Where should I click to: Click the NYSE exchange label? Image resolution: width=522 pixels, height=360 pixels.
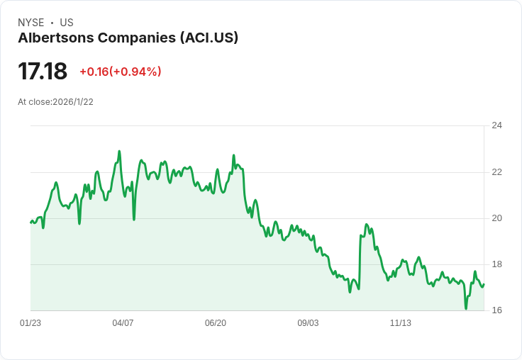(30, 23)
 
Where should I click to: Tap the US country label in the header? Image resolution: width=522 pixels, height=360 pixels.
(67, 23)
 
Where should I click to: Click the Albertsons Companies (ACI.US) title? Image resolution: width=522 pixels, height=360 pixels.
(128, 38)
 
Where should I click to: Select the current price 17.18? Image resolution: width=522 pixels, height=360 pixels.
(43, 71)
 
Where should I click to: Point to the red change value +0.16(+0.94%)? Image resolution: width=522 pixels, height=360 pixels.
(121, 72)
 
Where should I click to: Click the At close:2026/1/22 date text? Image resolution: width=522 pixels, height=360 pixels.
(55, 101)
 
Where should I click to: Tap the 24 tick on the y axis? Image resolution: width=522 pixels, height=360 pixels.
(496, 125)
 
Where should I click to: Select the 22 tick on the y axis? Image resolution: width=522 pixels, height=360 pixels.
(496, 171)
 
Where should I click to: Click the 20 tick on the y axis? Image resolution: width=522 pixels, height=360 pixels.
(496, 218)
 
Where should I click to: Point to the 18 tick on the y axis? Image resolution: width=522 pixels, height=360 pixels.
(496, 264)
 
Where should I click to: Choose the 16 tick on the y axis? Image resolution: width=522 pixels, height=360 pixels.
(496, 310)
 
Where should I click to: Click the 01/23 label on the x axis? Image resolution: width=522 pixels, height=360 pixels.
(30, 323)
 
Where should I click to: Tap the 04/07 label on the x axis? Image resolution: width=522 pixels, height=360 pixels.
(123, 323)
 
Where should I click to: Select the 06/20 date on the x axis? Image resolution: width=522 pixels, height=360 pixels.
(216, 323)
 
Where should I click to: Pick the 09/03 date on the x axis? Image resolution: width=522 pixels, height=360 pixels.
(308, 323)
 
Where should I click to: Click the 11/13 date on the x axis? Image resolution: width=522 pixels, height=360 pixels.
(401, 323)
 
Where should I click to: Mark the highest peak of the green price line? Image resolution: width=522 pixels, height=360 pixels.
(119, 151)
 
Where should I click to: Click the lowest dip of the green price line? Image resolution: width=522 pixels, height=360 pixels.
(466, 308)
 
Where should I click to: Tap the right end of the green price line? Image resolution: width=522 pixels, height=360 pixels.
(484, 284)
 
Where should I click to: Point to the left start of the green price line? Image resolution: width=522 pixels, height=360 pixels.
(30, 223)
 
